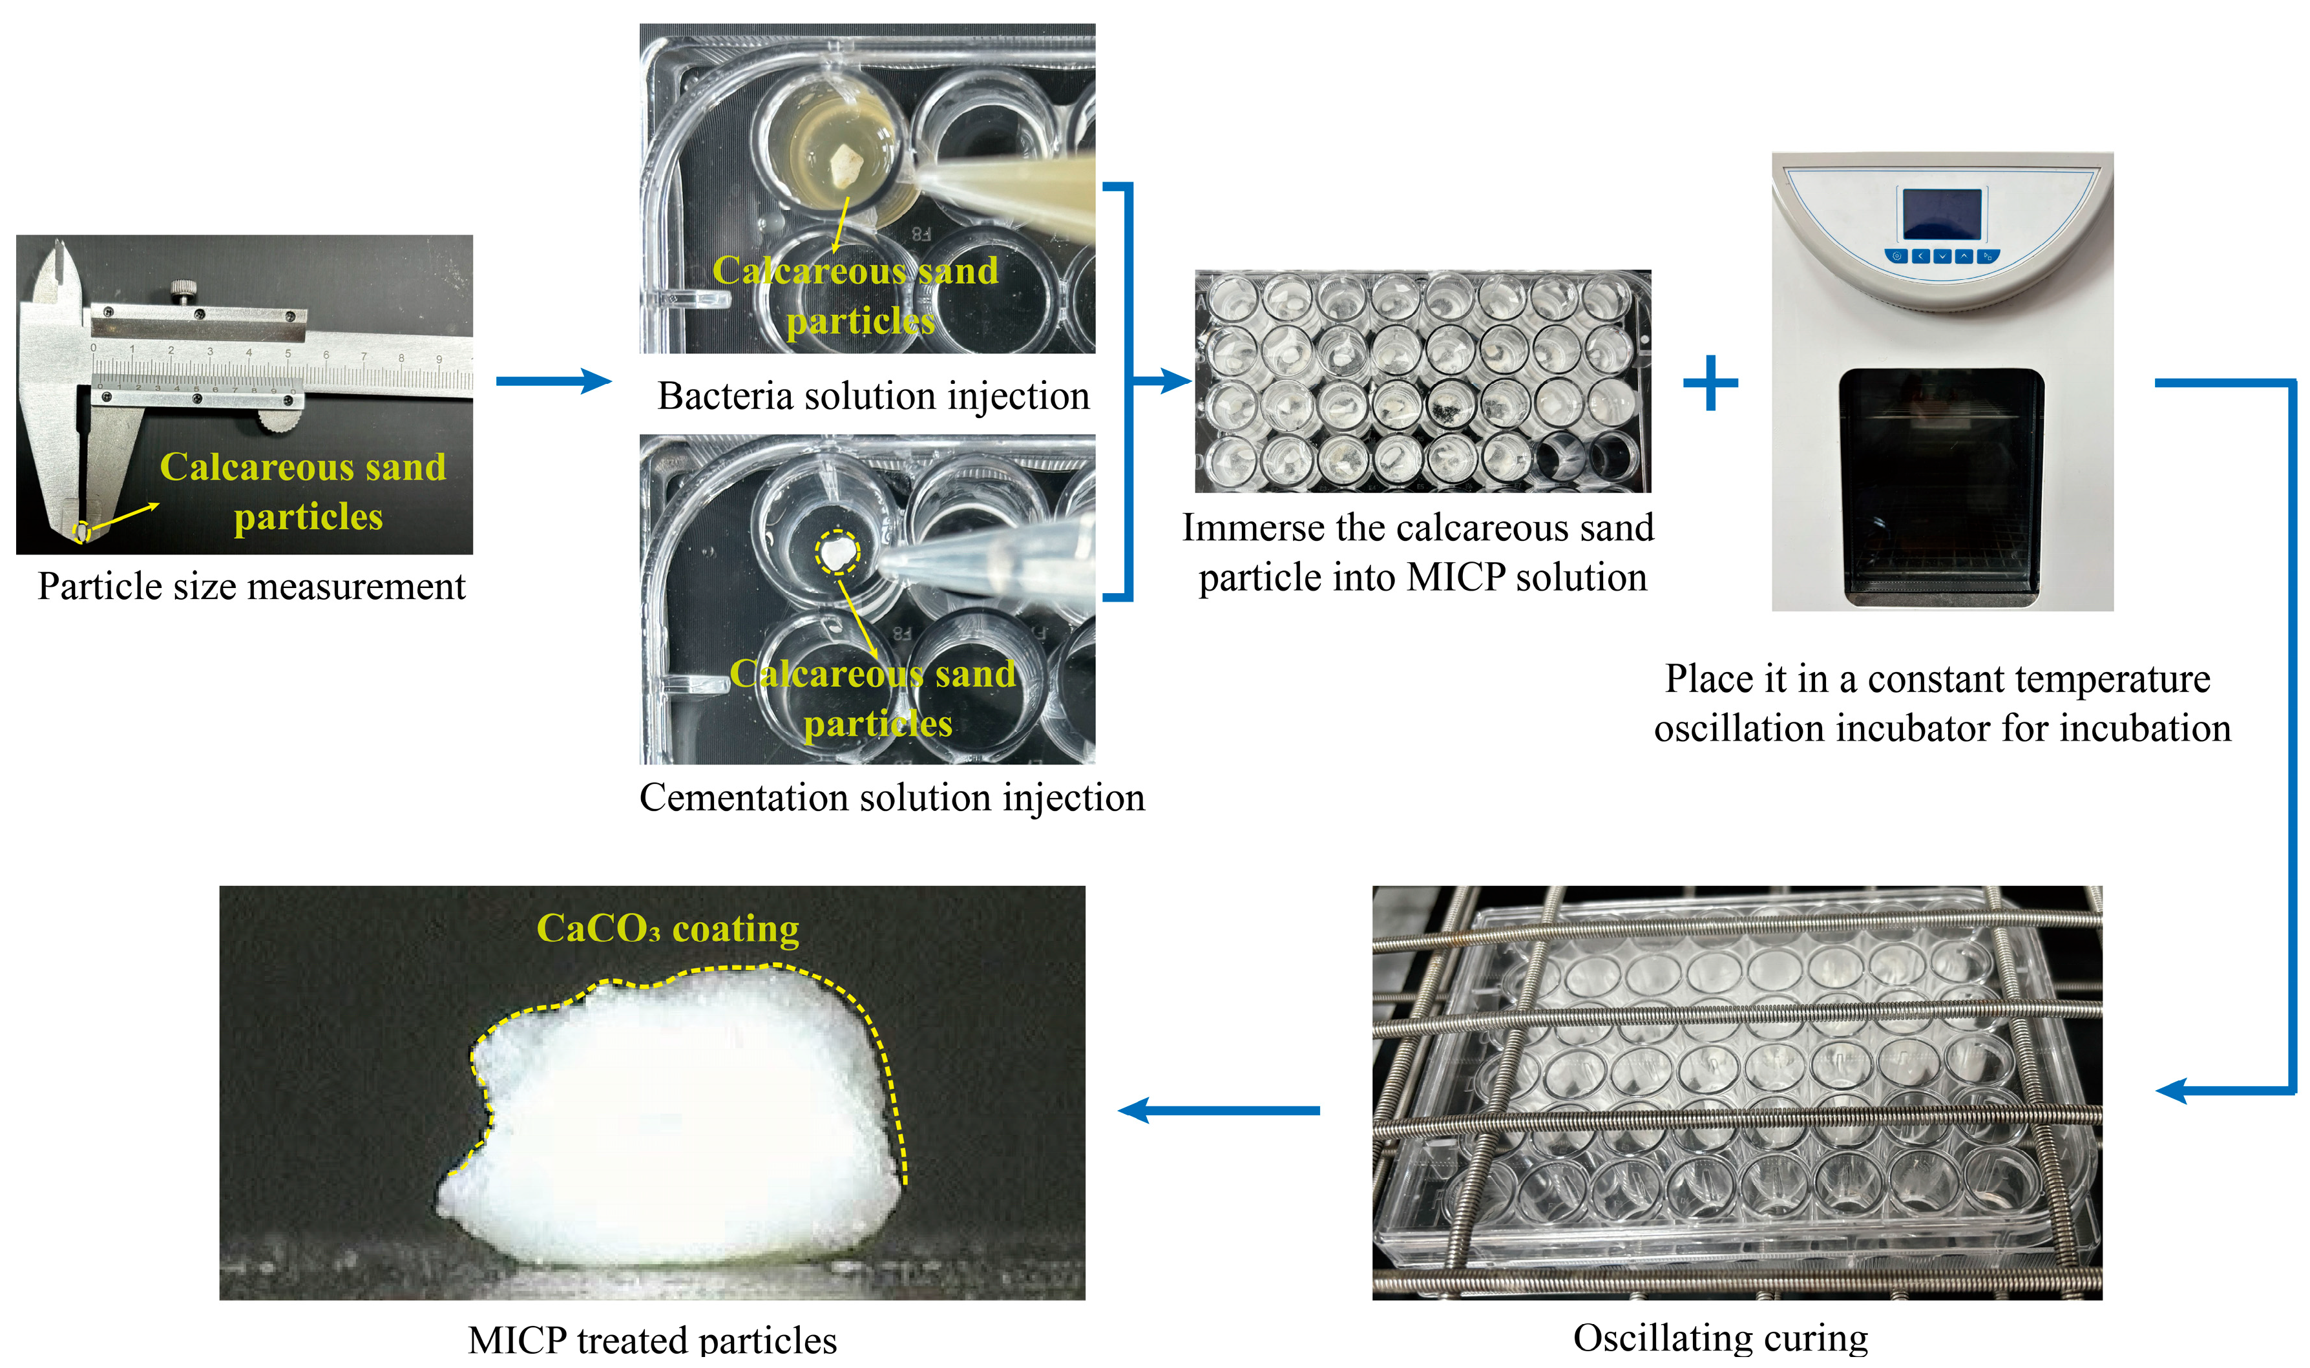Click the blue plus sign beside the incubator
point(1711,383)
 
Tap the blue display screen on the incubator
point(1942,214)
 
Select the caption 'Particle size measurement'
point(251,586)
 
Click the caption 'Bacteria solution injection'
point(873,396)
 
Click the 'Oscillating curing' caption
point(1720,1338)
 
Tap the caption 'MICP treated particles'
point(653,1340)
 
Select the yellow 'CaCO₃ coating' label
point(668,929)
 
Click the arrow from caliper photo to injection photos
point(554,381)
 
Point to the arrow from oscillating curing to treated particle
point(1219,1110)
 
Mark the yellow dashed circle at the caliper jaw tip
point(82,531)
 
